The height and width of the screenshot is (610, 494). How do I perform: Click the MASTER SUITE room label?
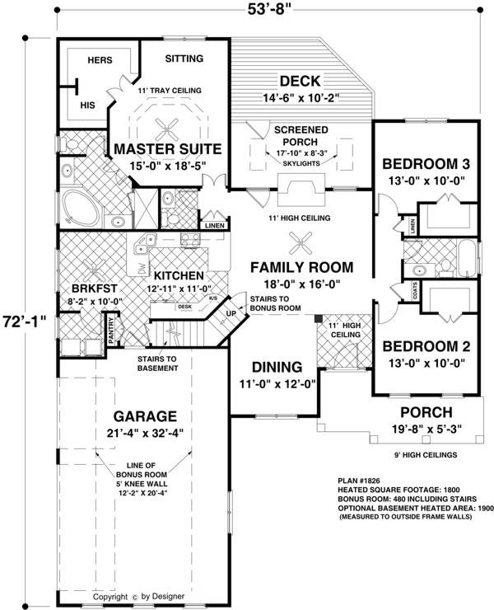pyautogui.click(x=167, y=149)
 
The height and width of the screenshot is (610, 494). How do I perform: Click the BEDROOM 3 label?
pyautogui.click(x=426, y=162)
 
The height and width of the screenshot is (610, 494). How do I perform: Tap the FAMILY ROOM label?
pyautogui.click(x=301, y=267)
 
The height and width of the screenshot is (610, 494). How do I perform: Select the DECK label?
pyautogui.click(x=300, y=81)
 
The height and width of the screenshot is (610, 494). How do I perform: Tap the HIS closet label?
pyautogui.click(x=87, y=106)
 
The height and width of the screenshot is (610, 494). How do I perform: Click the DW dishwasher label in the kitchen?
pyautogui.click(x=141, y=268)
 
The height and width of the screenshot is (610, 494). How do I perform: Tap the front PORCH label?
pyautogui.click(x=425, y=412)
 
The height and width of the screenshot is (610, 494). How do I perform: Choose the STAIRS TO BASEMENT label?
pyautogui.click(x=158, y=363)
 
